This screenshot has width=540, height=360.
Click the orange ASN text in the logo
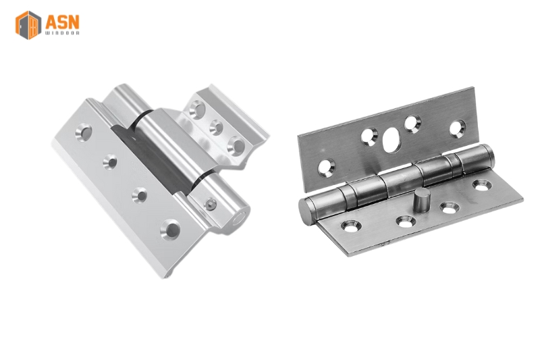(62, 22)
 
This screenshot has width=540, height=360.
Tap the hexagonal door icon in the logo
(28, 25)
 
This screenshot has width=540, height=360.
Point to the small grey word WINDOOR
(62, 33)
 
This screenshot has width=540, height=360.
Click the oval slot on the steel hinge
(392, 140)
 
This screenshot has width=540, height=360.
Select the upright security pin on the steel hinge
(421, 200)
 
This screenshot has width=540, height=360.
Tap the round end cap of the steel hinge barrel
(305, 212)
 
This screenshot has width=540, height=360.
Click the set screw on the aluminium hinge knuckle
(211, 205)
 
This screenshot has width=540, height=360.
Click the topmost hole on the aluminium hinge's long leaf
(84, 132)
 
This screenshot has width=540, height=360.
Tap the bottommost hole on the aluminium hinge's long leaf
(171, 230)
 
